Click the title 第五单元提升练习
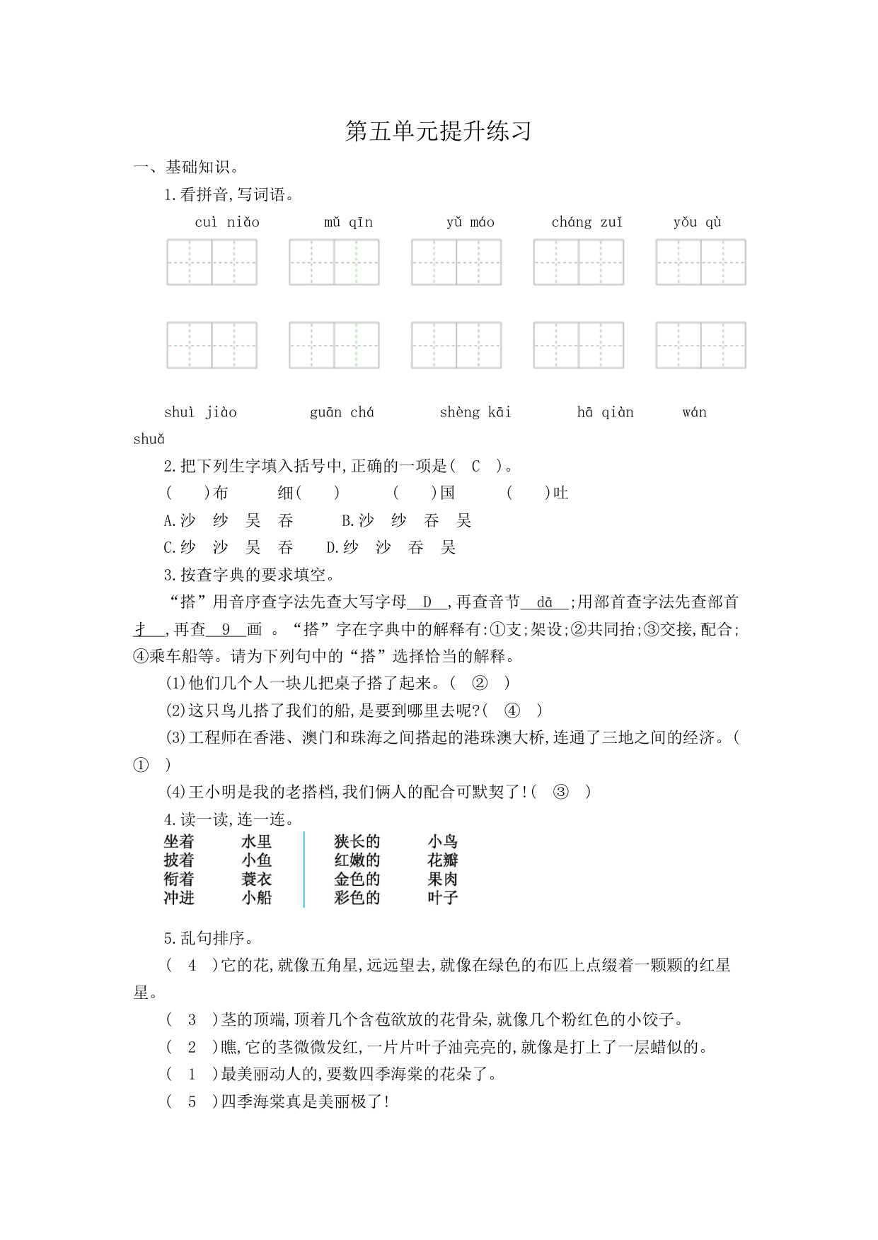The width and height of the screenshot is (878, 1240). click(x=438, y=131)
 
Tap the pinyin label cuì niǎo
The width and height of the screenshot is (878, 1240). click(x=227, y=223)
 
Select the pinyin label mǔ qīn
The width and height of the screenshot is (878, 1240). click(x=348, y=223)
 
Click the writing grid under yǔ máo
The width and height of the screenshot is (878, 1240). click(x=456, y=262)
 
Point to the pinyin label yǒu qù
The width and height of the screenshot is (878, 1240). click(x=697, y=223)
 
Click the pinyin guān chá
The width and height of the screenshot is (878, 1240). click(x=342, y=413)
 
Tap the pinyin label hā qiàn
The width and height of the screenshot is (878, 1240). click(x=605, y=413)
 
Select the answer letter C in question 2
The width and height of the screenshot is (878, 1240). click(x=475, y=467)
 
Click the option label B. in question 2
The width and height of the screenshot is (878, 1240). click(x=347, y=521)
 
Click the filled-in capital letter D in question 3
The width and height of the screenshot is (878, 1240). click(x=427, y=602)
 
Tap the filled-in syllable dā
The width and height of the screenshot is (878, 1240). click(x=544, y=602)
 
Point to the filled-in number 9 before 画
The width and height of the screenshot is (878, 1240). click(x=226, y=629)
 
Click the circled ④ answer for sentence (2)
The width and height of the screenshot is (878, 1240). click(x=512, y=711)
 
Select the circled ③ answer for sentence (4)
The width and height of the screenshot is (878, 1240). click(x=560, y=792)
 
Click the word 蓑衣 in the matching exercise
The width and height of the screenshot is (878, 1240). click(x=256, y=879)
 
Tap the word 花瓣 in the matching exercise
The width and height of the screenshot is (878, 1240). click(x=443, y=860)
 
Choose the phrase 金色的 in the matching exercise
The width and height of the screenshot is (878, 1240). click(x=357, y=879)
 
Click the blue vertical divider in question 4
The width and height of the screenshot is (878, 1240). click(x=304, y=870)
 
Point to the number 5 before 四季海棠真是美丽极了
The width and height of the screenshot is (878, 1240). click(x=192, y=1102)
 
